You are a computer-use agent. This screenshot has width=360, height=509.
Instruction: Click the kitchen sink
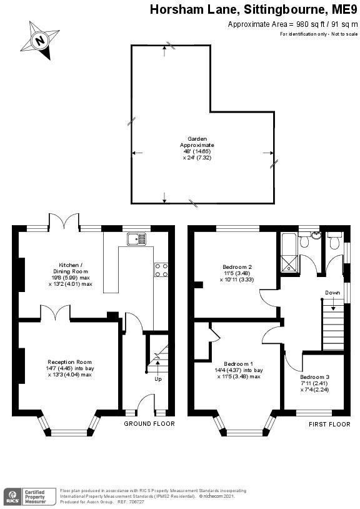(x=136, y=238)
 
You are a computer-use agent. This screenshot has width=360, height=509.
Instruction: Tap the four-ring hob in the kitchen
(x=161, y=270)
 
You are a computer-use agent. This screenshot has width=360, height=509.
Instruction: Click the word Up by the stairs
(x=158, y=378)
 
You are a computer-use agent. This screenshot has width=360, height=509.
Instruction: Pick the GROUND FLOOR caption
(x=149, y=424)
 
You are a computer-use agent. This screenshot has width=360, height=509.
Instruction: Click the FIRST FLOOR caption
(x=329, y=424)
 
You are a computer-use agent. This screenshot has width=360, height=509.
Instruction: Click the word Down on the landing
(x=332, y=292)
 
